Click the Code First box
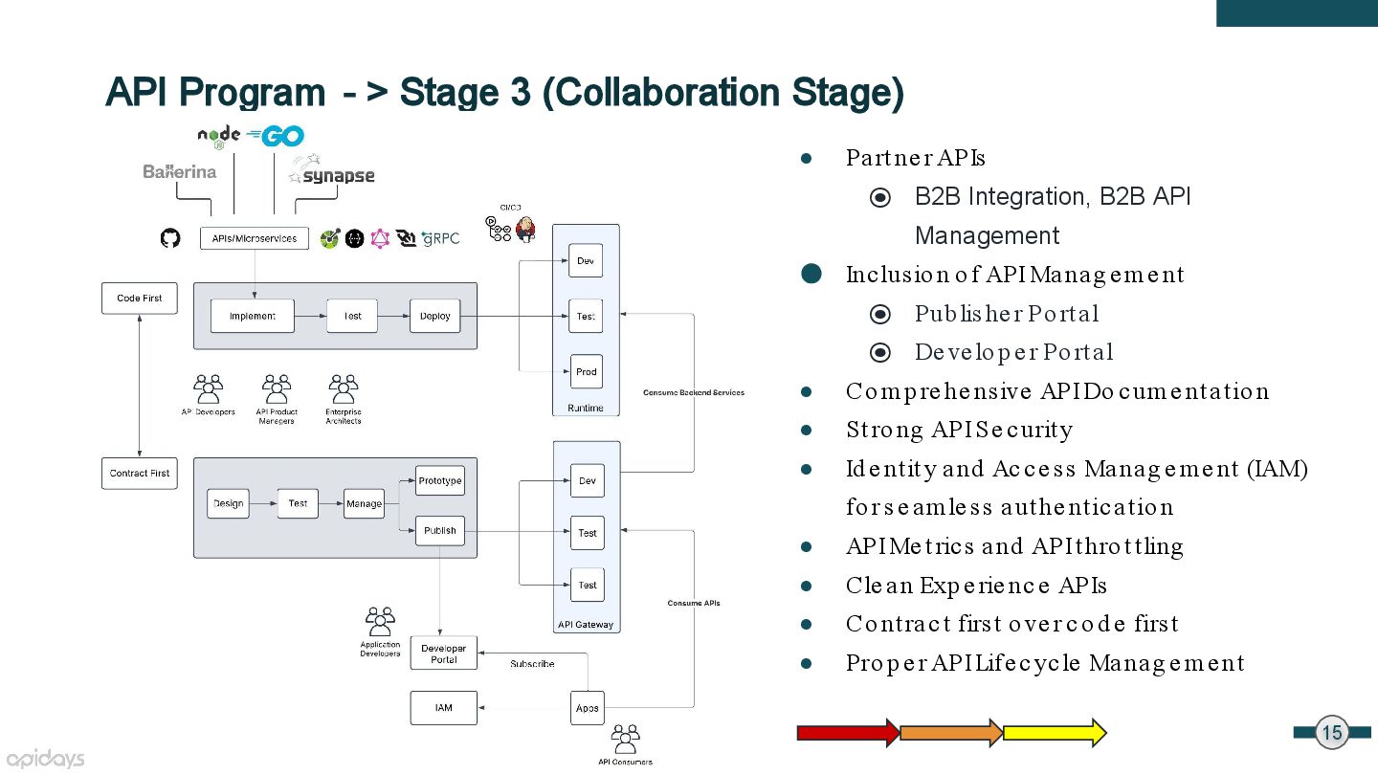[140, 299]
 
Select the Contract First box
[140, 473]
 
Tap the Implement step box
[253, 316]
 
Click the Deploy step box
[434, 316]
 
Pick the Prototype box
[440, 480]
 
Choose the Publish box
[440, 530]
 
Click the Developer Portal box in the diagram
[444, 653]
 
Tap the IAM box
[444, 708]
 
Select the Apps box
[588, 708]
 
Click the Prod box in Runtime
[587, 371]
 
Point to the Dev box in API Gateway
[588, 480]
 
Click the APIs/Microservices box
[255, 238]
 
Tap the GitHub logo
[170, 238]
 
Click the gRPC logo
[440, 238]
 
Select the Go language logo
[275, 136]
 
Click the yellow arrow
[1055, 733]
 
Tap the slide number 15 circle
[1332, 733]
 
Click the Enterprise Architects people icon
[344, 388]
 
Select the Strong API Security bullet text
[959, 430]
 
